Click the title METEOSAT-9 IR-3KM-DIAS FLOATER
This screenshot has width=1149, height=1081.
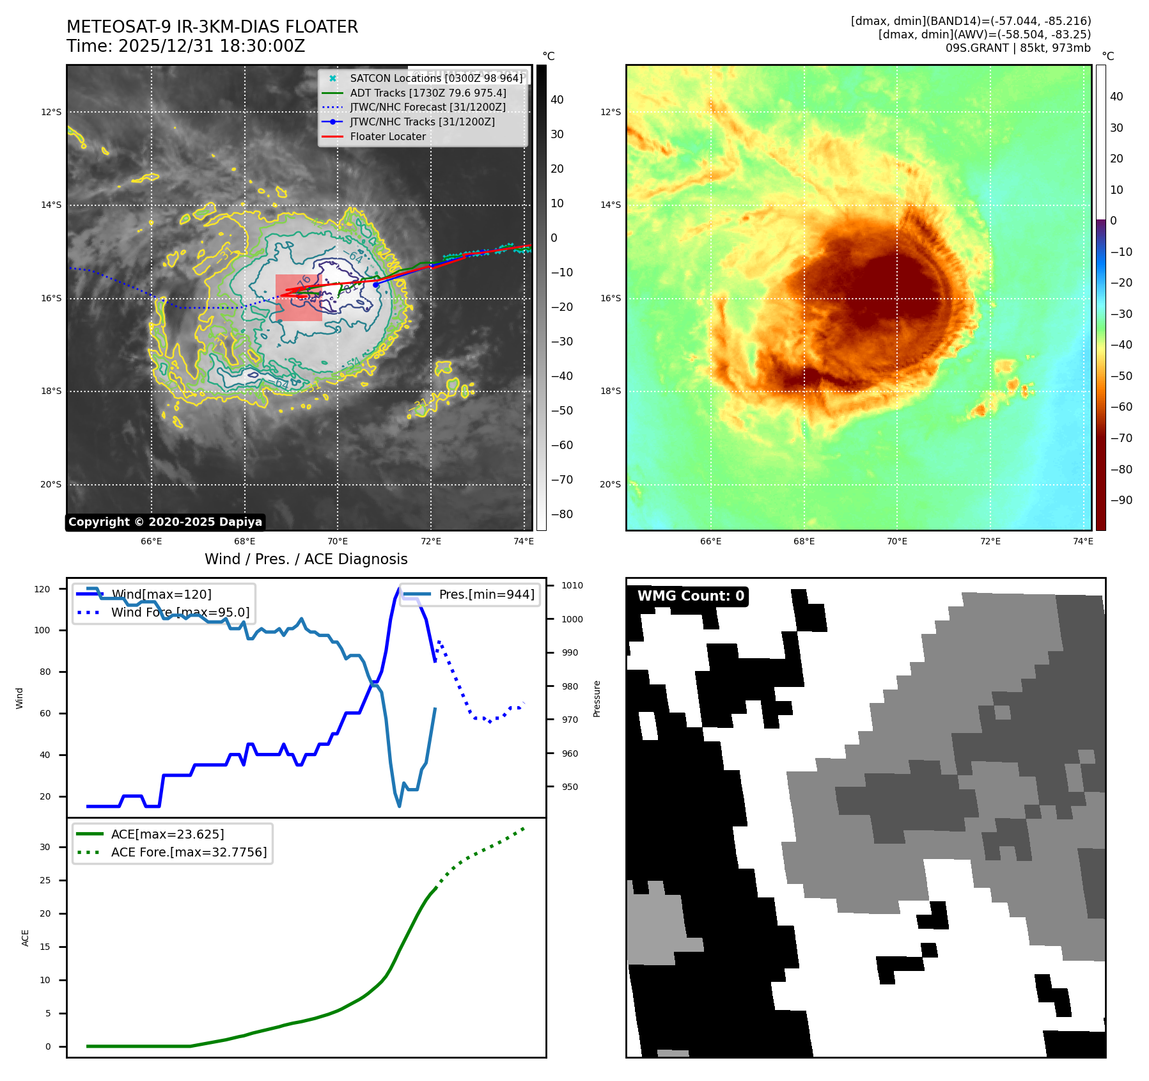coord(212,27)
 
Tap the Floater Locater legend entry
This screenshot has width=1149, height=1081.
coord(387,136)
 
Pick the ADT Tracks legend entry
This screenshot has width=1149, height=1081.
coord(428,93)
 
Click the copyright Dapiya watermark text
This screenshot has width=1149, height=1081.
coord(165,522)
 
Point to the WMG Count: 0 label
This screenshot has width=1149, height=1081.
coord(691,596)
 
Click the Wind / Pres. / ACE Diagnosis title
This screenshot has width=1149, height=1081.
coord(306,559)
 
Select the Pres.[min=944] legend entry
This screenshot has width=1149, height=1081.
coord(486,594)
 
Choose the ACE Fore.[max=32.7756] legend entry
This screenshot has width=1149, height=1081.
coord(189,852)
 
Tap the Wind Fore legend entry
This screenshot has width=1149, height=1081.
coord(180,612)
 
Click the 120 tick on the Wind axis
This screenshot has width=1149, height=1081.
coord(42,589)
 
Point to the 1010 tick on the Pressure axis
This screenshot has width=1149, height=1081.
coord(572,585)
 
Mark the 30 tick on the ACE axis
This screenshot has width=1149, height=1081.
coord(45,847)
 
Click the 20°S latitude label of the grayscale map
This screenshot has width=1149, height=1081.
coord(51,484)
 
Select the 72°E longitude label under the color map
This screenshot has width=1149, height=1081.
coord(990,541)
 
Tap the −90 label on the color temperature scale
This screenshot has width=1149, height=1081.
coord(1122,500)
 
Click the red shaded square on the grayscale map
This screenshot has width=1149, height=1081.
coord(299,297)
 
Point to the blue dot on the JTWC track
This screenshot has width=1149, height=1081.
coord(376,285)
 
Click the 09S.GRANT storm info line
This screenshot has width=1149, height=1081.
coord(1018,48)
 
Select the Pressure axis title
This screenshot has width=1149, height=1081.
coord(597,698)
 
